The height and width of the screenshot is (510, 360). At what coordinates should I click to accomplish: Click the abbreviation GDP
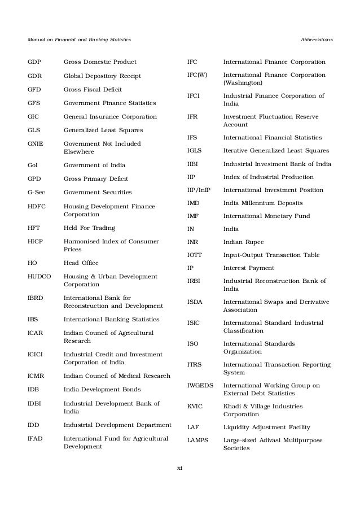click(34, 62)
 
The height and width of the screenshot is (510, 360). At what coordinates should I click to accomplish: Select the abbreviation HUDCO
click(39, 276)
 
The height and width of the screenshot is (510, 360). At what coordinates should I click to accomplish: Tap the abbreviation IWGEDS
click(200, 385)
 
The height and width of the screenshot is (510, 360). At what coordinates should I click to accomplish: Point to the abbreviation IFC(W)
click(200, 75)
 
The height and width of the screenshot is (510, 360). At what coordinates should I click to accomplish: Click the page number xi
click(180, 468)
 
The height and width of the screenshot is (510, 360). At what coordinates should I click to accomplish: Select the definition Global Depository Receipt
click(102, 76)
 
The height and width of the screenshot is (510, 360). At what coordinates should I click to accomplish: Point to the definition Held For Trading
click(89, 228)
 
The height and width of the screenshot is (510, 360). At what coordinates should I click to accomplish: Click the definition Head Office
click(81, 263)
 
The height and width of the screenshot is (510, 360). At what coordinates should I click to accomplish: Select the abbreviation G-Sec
click(36, 193)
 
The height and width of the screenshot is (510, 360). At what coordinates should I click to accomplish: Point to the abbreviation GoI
click(33, 165)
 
